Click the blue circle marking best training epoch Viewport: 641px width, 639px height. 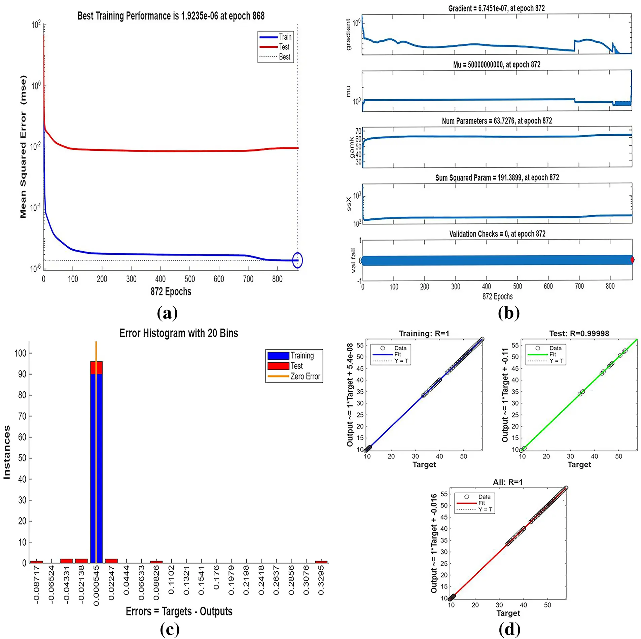click(297, 260)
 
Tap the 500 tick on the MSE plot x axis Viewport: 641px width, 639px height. click(189, 279)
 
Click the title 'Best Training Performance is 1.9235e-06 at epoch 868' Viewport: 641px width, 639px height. click(171, 16)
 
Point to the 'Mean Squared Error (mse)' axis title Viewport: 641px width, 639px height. click(23, 146)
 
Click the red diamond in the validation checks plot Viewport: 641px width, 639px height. click(632, 259)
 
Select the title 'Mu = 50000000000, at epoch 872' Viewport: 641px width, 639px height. click(496, 65)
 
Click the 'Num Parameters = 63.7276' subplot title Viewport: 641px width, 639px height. click(497, 121)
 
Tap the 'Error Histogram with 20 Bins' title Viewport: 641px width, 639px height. click(179, 333)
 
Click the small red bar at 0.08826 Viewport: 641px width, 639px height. click(156, 561)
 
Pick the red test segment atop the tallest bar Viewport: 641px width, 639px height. click(96, 367)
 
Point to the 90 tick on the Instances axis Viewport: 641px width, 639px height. click(22, 374)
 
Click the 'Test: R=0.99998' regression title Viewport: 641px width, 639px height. click(579, 333)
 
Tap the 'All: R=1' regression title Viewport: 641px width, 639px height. click(507, 482)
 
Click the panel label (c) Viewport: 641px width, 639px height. click(170, 629)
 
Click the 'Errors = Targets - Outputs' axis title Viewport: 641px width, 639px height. click(179, 611)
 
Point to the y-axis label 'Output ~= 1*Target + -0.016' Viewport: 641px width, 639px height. click(434, 543)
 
